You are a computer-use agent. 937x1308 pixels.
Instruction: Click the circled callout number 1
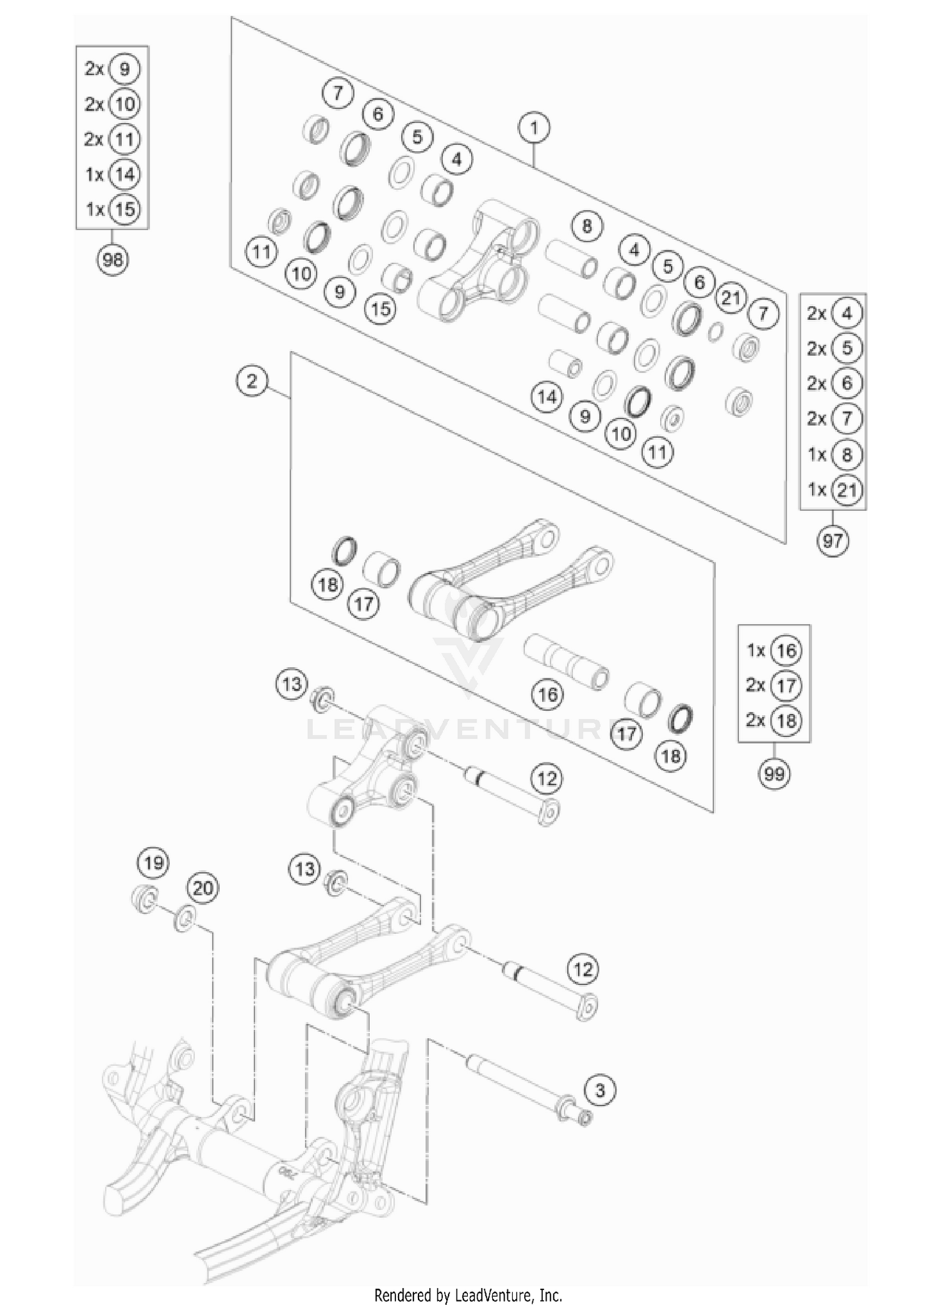533,128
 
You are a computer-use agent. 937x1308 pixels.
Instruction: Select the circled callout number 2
252,380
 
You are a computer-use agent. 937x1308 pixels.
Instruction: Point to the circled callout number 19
154,863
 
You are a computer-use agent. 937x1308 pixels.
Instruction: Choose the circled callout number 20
203,888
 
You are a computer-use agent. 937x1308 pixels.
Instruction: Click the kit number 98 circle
112,259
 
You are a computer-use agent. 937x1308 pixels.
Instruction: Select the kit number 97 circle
833,540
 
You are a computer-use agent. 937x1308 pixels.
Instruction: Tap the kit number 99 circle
774,774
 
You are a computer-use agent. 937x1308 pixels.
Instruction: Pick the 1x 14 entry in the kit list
112,174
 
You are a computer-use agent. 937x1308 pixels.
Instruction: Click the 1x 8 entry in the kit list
833,454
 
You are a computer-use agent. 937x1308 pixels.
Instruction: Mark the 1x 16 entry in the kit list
774,650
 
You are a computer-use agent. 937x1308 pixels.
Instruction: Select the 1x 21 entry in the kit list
833,490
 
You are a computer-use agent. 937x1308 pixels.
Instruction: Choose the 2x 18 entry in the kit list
774,720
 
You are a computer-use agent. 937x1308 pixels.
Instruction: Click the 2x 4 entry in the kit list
833,313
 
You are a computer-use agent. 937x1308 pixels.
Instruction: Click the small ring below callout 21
716,332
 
